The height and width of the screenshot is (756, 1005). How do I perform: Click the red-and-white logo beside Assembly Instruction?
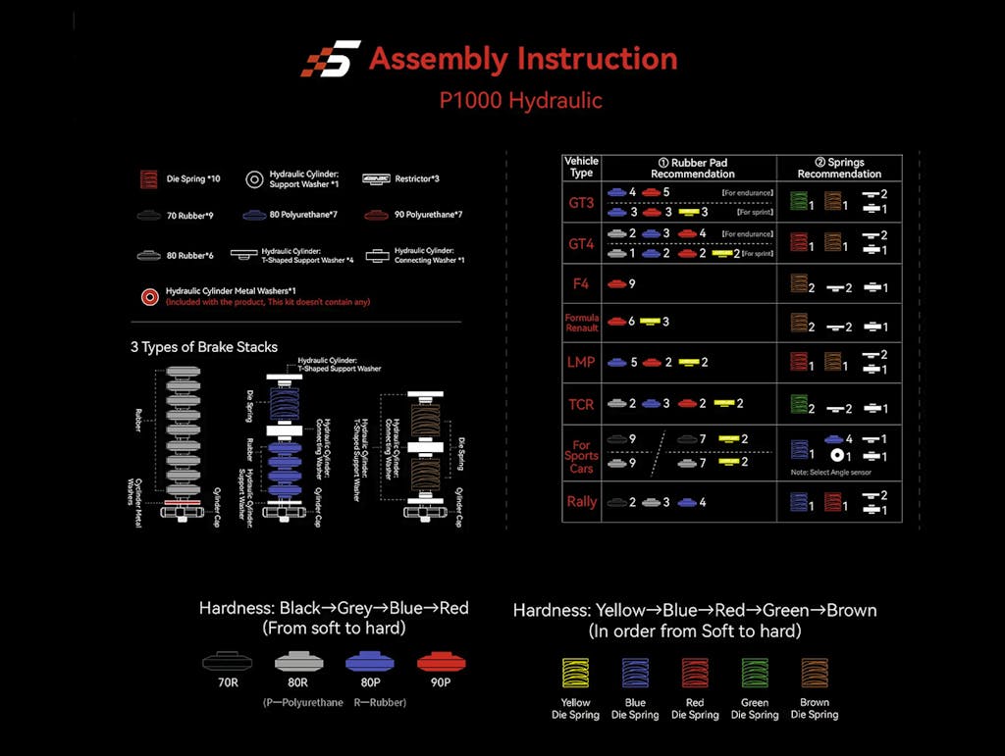331,59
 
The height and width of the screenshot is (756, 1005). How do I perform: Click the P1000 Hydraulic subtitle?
520,100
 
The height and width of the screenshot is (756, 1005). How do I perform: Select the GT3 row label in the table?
581,203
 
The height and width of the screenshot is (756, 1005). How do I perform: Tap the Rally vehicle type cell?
581,501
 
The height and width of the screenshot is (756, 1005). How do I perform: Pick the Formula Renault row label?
581,323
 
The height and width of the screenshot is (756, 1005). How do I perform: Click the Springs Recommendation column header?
838,168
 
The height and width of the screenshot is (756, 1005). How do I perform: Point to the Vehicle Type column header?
581,167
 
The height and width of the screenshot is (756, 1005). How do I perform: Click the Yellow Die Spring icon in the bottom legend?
575,675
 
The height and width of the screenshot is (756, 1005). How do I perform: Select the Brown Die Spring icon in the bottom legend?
815,675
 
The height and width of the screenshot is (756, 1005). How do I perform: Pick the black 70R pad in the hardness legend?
227,661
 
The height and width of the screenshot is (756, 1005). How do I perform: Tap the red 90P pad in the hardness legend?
441,661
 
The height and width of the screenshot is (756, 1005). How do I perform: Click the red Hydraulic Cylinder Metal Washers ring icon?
149,296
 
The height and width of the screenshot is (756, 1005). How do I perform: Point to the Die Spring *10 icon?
149,179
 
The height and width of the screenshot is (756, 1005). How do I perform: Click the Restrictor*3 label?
416,179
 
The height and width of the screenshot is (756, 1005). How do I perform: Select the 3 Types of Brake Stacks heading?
204,347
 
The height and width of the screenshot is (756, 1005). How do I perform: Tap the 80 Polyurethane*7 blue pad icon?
254,214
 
